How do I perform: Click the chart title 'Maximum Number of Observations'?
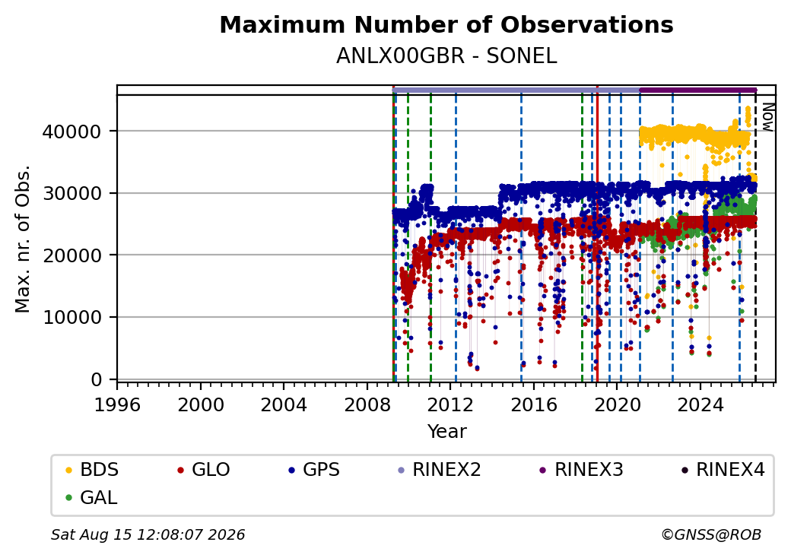click(x=446, y=24)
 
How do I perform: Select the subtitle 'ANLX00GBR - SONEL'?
click(x=446, y=56)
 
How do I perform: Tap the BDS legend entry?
click(x=92, y=470)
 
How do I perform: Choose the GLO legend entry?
click(x=203, y=470)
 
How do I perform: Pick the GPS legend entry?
click(x=314, y=470)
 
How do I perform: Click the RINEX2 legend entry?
click(x=439, y=470)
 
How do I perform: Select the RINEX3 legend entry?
click(x=581, y=470)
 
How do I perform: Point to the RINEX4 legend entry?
click(x=723, y=470)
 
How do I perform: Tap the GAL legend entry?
click(x=91, y=497)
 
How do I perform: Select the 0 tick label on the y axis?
click(x=97, y=379)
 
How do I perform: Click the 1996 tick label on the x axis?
click(x=117, y=404)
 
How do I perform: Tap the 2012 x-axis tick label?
click(x=450, y=404)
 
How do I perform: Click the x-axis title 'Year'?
click(x=447, y=432)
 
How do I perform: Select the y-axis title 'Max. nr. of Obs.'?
click(x=23, y=239)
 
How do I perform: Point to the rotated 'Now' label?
click(x=767, y=117)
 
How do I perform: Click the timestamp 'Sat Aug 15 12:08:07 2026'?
click(x=148, y=534)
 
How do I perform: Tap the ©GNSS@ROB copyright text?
click(x=711, y=534)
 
